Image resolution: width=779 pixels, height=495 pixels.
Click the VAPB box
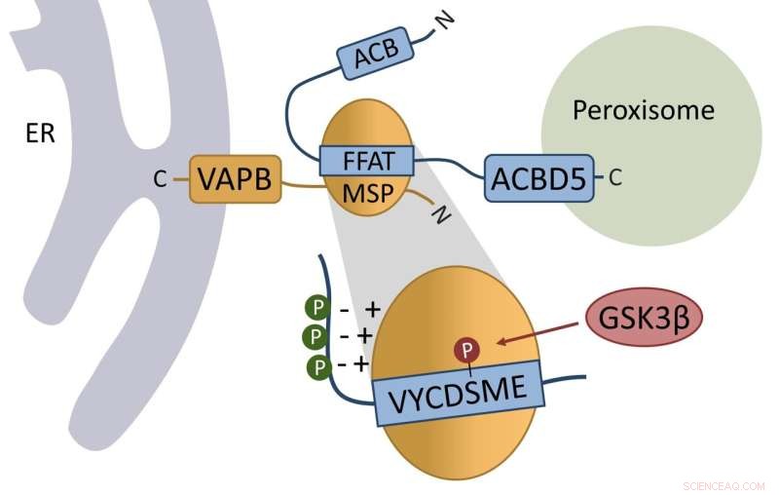234,178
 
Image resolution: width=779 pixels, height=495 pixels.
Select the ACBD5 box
538,177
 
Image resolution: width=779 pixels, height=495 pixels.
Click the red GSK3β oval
644,319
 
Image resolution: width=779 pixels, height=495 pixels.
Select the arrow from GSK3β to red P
538,333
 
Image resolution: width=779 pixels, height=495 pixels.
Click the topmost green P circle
317,309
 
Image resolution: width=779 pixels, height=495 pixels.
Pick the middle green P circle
316,337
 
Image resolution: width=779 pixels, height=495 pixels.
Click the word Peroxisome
656,110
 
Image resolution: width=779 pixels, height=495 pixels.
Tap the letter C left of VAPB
161,178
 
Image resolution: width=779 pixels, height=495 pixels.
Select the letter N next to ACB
445,20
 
